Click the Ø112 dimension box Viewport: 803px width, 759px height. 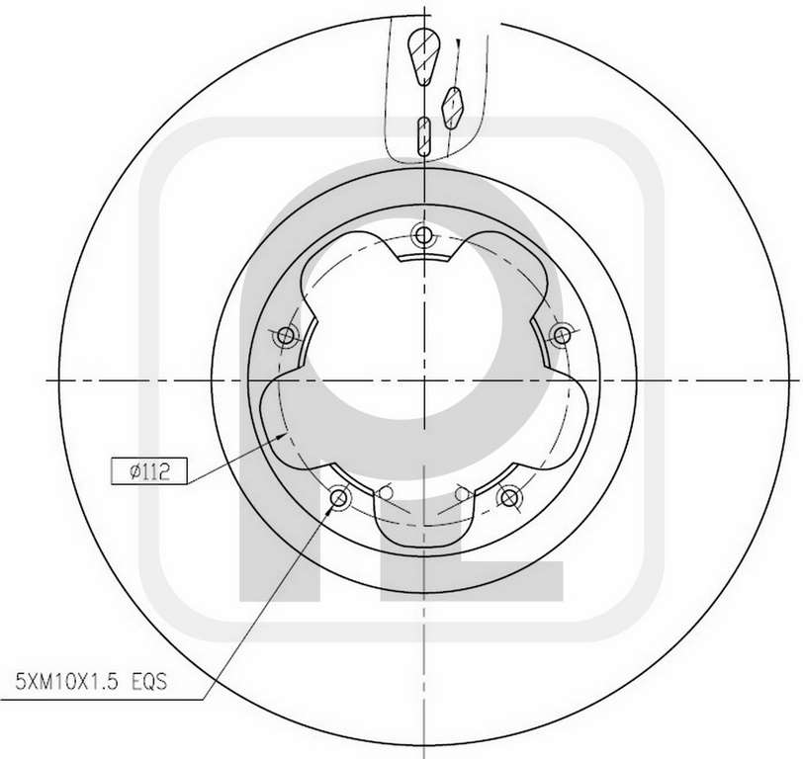tap(149, 470)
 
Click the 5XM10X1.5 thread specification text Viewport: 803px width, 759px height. tap(67, 682)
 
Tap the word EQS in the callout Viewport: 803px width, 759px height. tap(149, 682)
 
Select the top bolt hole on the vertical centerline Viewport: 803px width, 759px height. tap(423, 235)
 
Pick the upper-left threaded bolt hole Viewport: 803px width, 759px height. tap(286, 336)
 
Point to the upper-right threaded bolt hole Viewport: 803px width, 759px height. tap(562, 336)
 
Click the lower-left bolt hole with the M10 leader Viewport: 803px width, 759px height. tap(339, 497)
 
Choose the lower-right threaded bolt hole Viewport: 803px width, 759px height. tap(508, 497)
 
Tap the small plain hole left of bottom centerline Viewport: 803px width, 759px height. tap(385, 493)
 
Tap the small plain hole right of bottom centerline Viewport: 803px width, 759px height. tap(462, 493)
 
